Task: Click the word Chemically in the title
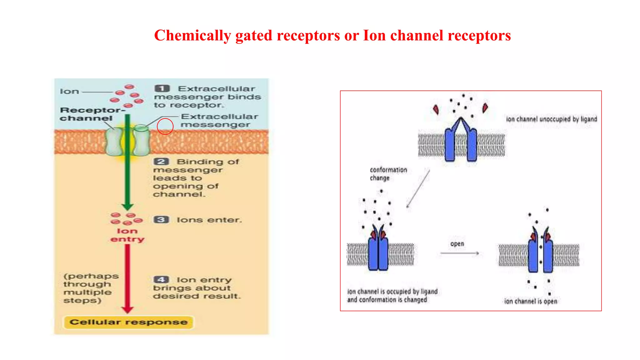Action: point(192,36)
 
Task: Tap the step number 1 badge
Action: point(162,88)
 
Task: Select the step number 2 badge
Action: point(161,162)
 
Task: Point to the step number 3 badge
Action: point(161,220)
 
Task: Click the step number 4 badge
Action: point(161,279)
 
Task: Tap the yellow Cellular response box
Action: point(128,322)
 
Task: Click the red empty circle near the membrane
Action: point(165,126)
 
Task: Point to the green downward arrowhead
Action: point(127,207)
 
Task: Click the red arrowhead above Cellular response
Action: point(127,309)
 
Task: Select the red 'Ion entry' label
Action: point(127,235)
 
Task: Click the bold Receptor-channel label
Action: point(91,114)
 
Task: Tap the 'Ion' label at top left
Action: point(69,92)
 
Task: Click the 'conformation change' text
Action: point(388,174)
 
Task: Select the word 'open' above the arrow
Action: point(457,244)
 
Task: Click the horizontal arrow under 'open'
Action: point(459,253)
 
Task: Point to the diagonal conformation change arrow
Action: point(418,189)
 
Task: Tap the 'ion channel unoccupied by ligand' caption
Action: point(551,119)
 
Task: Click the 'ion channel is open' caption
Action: point(530,301)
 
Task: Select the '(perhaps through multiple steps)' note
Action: point(91,288)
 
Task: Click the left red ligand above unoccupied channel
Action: point(436,109)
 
